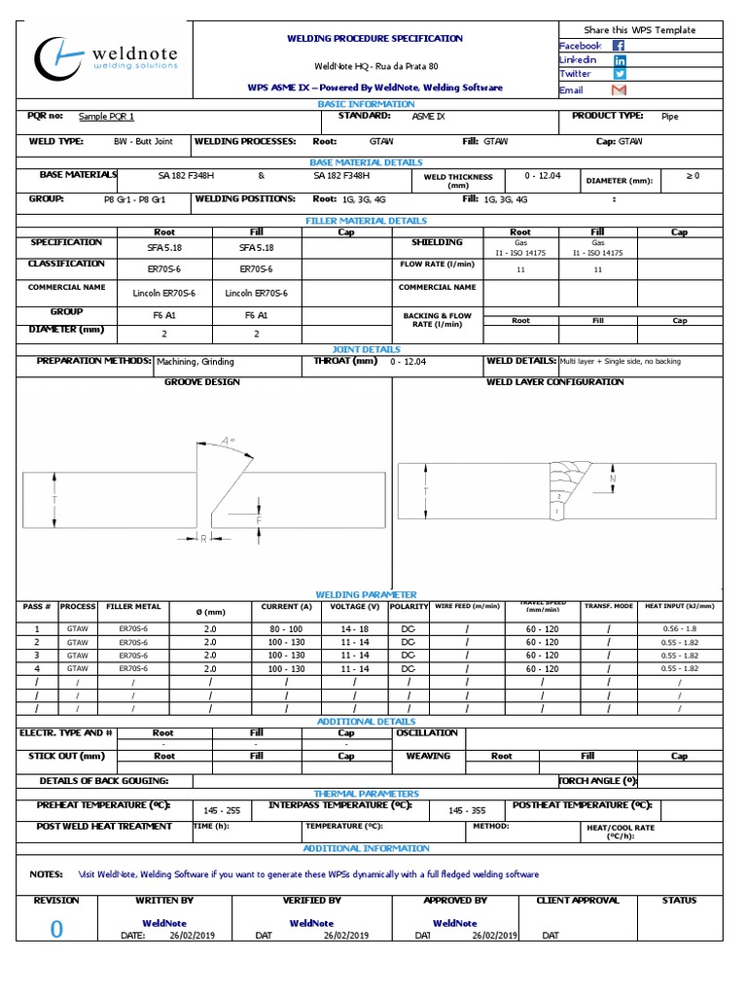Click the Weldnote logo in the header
click(x=107, y=58)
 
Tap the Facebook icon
click(x=619, y=46)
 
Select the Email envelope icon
click(x=619, y=90)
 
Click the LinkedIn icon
click(x=619, y=60)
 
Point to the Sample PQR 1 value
click(x=107, y=117)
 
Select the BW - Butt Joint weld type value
click(x=143, y=142)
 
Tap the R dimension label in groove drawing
click(x=203, y=538)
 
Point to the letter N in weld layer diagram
click(x=612, y=480)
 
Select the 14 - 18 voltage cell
click(x=355, y=629)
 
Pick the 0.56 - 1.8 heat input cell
click(x=680, y=629)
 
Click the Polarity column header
click(x=409, y=606)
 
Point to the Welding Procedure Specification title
click(x=374, y=38)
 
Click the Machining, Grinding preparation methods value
click(x=196, y=362)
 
